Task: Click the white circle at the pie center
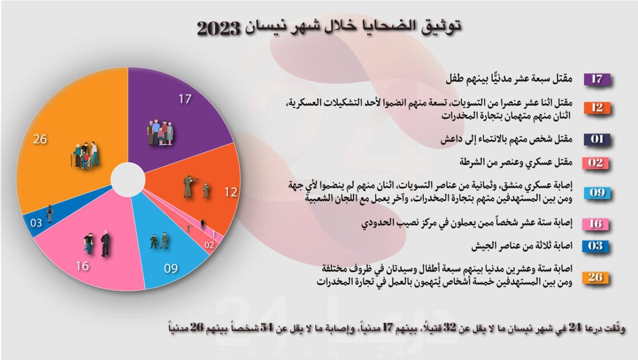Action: [x=127, y=179]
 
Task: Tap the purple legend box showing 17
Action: [x=596, y=79]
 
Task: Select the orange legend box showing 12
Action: [x=596, y=107]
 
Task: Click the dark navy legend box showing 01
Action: [x=596, y=139]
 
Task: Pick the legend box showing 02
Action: [x=596, y=163]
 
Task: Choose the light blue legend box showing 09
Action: [x=596, y=192]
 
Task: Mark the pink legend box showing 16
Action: [x=596, y=223]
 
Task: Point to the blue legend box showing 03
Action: [x=596, y=247]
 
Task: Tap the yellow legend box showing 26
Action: [x=596, y=278]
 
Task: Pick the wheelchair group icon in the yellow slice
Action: [x=85, y=155]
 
